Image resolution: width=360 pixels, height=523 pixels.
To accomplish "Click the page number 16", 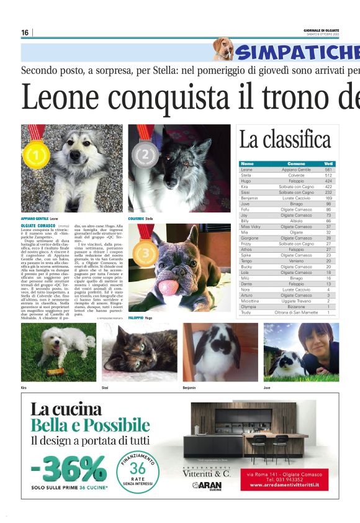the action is [x=25, y=32].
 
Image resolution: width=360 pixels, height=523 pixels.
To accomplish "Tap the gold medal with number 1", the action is [x=37, y=153].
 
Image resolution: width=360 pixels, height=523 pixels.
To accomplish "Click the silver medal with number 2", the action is [x=146, y=152].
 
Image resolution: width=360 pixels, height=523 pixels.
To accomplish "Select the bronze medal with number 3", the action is [x=146, y=253].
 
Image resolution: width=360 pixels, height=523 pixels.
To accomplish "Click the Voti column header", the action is [x=328, y=163].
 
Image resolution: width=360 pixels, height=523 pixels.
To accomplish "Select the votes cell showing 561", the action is [x=328, y=169].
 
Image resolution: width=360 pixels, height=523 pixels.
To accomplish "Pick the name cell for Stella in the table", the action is [x=246, y=175].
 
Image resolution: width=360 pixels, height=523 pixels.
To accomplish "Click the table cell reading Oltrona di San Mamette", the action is [x=296, y=312].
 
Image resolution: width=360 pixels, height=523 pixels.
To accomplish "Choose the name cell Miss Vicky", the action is [x=250, y=226].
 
